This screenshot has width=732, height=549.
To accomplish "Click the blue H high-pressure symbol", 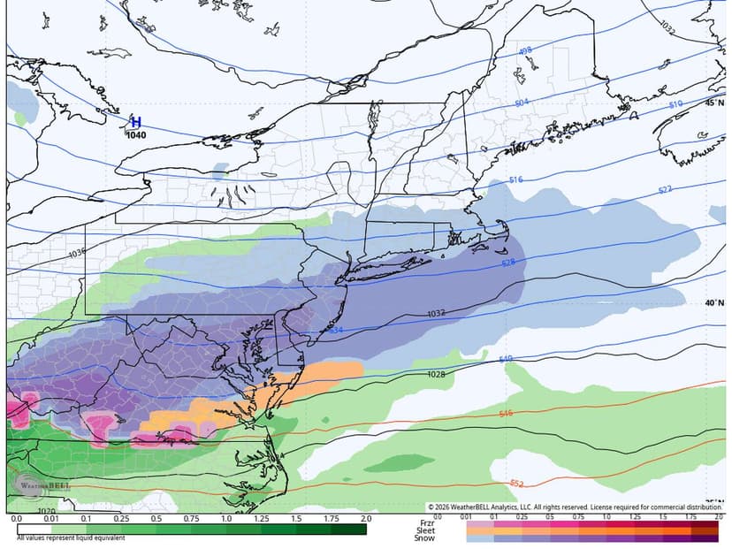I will click(x=135, y=123).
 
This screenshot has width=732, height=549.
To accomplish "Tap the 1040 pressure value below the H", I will click(x=136, y=135).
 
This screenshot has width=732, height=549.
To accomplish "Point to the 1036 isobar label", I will click(x=77, y=254).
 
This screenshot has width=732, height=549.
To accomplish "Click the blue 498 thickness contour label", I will click(x=525, y=51).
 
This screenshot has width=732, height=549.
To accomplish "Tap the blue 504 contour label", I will click(x=521, y=103).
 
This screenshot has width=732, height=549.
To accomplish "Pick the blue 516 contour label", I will click(x=516, y=180).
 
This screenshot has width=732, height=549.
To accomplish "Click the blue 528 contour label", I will click(x=508, y=263).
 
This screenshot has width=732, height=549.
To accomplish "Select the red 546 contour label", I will click(x=506, y=414).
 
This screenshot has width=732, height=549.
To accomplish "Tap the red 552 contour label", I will click(x=517, y=483).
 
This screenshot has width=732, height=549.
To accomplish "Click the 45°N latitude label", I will click(x=714, y=103).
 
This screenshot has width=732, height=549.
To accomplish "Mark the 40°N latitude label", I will click(x=714, y=302).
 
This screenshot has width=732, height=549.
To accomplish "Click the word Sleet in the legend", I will click(x=425, y=530).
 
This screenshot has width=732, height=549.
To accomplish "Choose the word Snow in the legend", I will click(x=425, y=538).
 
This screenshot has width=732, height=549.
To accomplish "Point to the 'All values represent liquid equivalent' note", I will click(x=71, y=538).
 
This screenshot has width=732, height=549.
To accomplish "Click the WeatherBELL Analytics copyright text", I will click(x=575, y=507).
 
